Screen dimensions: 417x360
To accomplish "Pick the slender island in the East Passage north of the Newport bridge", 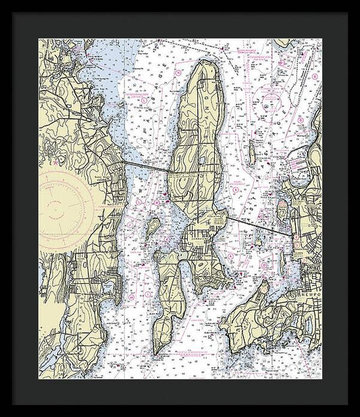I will (x=251, y=155).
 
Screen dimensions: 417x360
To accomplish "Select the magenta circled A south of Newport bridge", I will (x=230, y=257).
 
